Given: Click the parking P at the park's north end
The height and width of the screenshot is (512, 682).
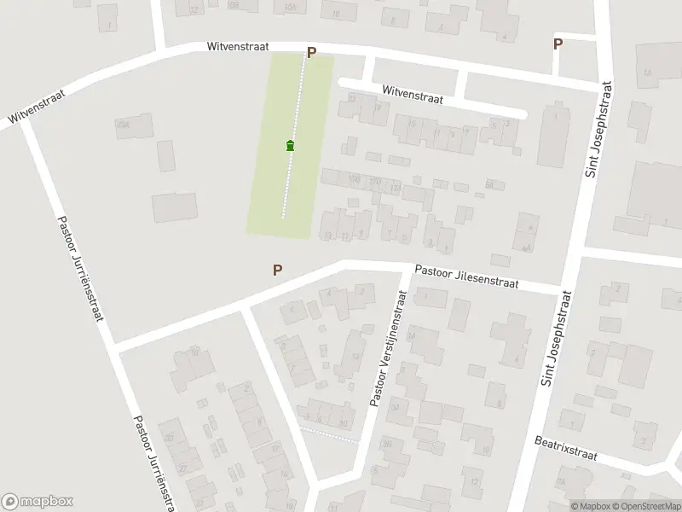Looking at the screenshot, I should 311,53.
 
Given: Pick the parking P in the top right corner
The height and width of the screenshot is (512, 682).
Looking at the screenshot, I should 558,44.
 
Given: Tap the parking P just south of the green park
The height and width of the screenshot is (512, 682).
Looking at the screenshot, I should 277,270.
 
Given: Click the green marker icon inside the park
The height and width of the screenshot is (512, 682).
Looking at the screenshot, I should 291,146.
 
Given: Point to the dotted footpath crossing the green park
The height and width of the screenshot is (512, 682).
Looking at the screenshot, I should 293,171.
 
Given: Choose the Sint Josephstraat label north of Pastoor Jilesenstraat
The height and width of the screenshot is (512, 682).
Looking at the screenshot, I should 598,129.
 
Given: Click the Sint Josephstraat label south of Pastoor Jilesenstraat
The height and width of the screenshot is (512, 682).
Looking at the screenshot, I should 555,337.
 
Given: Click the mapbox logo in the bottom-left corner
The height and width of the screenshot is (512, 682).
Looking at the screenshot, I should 38,502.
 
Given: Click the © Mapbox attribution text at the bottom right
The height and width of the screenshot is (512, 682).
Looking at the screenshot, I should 590,505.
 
